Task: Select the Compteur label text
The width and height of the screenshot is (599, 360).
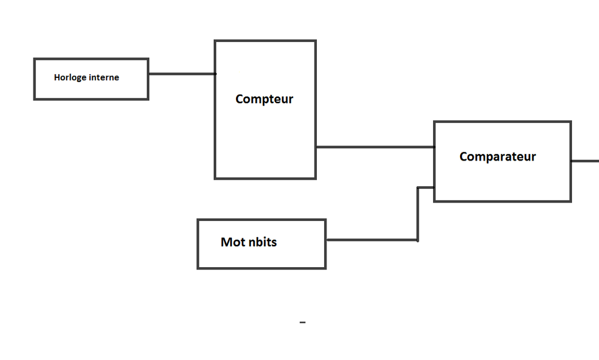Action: [264, 99]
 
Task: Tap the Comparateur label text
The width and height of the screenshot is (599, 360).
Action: [497, 157]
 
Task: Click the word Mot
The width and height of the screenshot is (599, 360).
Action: [232, 243]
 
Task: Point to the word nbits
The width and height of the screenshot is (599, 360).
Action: [262, 243]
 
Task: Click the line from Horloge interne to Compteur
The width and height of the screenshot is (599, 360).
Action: [181, 74]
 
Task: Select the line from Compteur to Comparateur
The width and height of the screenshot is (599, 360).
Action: [374, 147]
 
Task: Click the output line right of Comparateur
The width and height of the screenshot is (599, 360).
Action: [585, 161]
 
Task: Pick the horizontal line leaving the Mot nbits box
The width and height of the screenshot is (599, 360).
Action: [371, 240]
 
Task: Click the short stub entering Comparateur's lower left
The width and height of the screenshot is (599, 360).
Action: [425, 187]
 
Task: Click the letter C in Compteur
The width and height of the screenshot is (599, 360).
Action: [240, 99]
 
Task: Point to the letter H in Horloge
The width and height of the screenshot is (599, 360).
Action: [57, 77]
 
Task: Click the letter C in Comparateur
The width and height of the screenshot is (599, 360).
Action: [464, 157]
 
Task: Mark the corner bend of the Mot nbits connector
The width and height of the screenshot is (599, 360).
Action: [418, 240]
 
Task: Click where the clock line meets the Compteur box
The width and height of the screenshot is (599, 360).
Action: [215, 74]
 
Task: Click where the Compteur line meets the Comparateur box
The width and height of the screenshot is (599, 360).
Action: [434, 147]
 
